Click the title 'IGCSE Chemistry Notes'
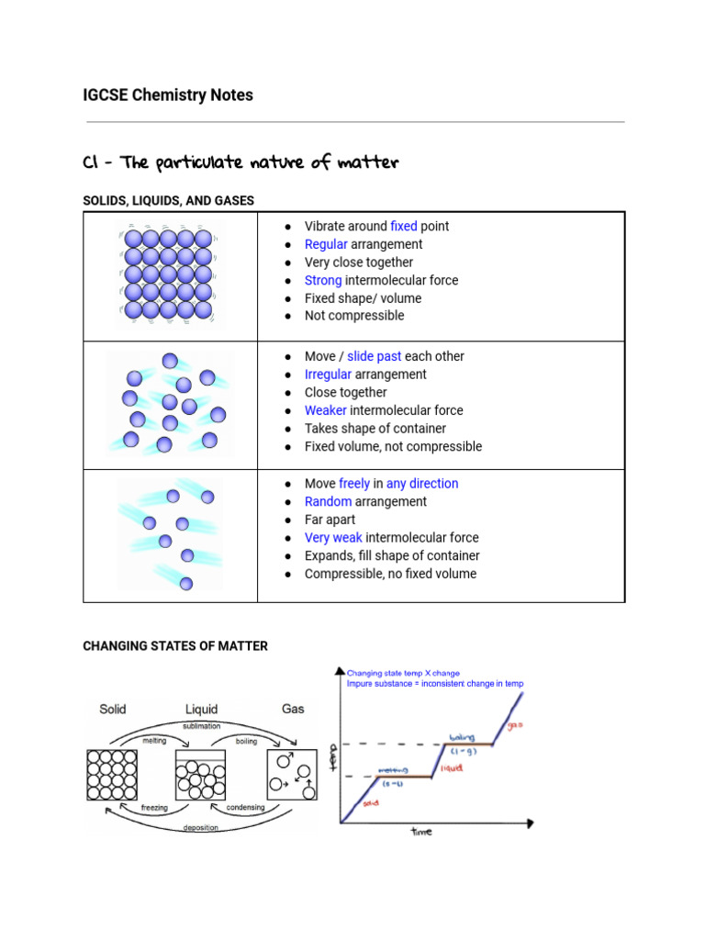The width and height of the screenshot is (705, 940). (x=168, y=95)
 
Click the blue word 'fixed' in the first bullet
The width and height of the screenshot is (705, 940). (x=404, y=226)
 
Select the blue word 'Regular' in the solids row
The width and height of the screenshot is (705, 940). (x=326, y=244)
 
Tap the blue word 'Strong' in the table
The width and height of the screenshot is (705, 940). (x=323, y=280)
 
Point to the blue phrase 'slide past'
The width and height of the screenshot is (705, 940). (x=374, y=356)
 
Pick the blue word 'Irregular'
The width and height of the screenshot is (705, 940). (x=328, y=375)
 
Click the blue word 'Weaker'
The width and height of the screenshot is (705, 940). (x=325, y=410)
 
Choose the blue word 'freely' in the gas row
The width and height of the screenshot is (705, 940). (x=354, y=484)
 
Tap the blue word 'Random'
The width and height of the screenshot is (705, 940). (x=328, y=501)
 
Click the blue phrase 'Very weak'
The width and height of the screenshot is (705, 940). (x=333, y=538)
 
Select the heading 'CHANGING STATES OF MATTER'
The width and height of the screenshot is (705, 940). (x=175, y=646)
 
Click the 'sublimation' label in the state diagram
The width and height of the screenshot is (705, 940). (x=201, y=725)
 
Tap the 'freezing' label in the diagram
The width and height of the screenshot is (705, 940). (x=153, y=808)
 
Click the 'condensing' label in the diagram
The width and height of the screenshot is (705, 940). (x=245, y=808)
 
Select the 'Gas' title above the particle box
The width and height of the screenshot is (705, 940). (x=293, y=709)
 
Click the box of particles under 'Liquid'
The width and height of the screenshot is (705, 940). (x=201, y=775)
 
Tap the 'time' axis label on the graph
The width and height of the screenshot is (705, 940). (x=421, y=832)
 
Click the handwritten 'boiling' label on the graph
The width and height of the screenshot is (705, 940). (x=461, y=738)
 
